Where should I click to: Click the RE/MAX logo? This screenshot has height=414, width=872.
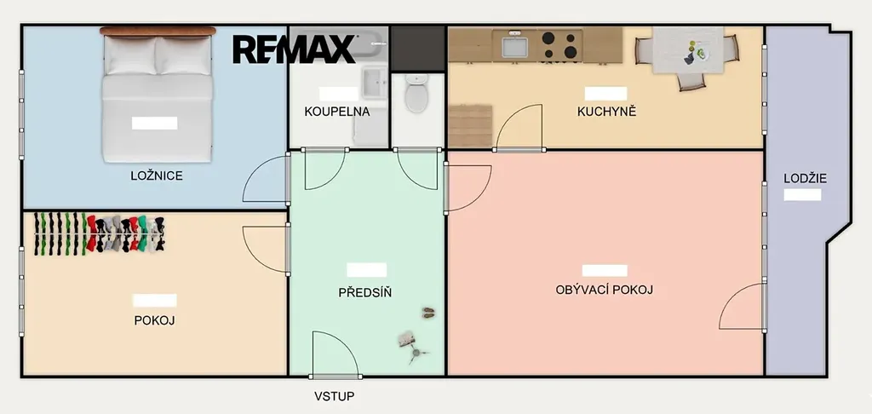(x=294, y=49)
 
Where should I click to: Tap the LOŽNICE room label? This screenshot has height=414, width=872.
(x=157, y=175)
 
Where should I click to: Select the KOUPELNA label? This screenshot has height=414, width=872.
(x=337, y=112)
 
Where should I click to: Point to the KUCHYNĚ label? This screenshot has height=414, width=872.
(x=606, y=112)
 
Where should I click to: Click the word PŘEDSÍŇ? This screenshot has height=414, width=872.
(x=364, y=292)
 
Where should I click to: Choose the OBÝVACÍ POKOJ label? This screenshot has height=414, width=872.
(x=604, y=290)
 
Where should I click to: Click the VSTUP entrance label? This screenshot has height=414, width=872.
(x=334, y=396)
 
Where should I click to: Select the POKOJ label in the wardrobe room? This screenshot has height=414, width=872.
(x=155, y=320)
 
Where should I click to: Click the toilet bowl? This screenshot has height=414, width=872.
(x=416, y=94)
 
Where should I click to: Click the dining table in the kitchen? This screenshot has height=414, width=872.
(x=688, y=50)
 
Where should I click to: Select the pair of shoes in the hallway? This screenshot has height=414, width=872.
(x=428, y=313)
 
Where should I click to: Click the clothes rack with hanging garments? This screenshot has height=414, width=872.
(x=99, y=233)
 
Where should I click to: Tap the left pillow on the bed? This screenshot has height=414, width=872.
(x=130, y=55)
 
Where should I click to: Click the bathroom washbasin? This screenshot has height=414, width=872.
(x=375, y=83)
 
